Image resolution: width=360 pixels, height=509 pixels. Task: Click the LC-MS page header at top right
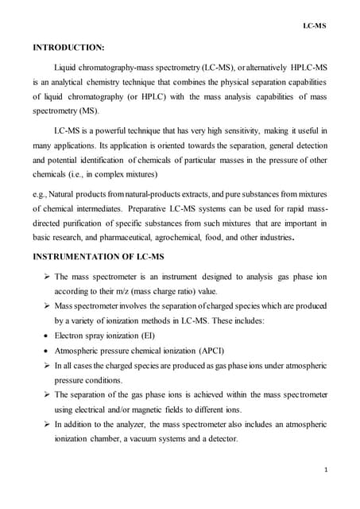pos(315,26)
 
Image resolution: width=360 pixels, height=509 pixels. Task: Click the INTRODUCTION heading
pos(68,57)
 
